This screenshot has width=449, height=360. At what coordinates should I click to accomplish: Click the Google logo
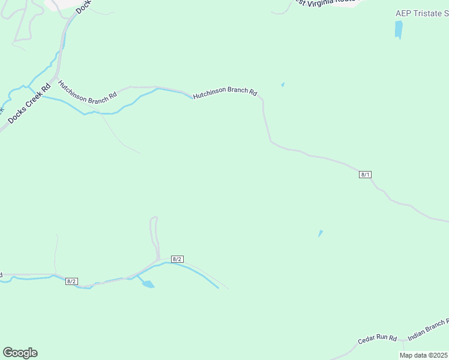[x=20, y=353]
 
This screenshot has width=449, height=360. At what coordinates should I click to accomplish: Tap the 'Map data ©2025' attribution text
[x=423, y=355]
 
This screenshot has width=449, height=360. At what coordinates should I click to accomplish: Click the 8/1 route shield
[x=366, y=175]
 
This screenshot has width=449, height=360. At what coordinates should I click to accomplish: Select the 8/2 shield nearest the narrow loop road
[x=176, y=259]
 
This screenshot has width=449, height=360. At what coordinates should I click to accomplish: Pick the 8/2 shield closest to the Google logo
[x=71, y=281]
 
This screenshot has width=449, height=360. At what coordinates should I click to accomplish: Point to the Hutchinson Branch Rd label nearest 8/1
[x=224, y=94]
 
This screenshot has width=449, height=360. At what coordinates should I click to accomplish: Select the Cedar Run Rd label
[x=378, y=339]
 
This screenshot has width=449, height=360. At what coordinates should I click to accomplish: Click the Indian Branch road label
[x=427, y=330]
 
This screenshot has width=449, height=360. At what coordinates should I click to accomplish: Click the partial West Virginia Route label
[x=327, y=2]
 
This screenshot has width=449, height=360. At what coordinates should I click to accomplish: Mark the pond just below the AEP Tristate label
[x=399, y=29]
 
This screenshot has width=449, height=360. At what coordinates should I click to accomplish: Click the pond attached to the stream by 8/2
[x=146, y=283]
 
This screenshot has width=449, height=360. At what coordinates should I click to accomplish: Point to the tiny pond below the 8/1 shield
[x=321, y=233]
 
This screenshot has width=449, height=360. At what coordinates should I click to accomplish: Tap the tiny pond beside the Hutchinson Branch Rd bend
[x=283, y=85]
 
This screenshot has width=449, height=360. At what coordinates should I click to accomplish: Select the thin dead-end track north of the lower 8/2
[x=56, y=252]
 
